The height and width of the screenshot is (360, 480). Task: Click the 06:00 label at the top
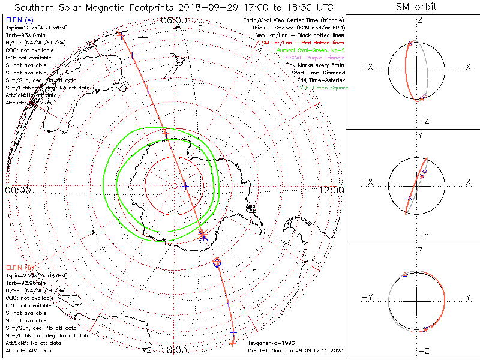174,20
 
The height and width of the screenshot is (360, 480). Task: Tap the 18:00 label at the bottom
174,349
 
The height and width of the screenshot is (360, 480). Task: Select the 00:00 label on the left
18,190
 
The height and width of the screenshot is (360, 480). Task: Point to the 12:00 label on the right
332,190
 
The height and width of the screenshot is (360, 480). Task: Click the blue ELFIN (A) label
19,20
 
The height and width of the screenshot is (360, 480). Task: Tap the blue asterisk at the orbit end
203,235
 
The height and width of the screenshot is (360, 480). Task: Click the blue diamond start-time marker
217,263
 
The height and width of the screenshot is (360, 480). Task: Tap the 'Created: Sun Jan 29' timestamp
296,350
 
